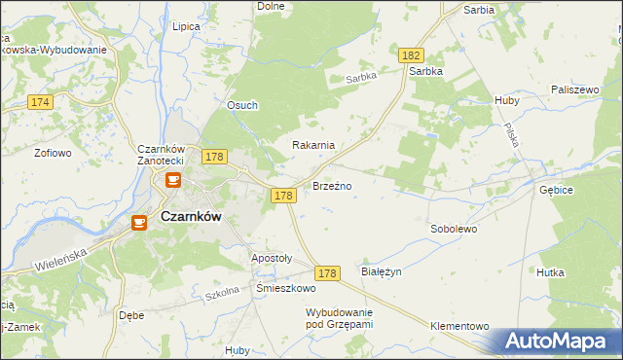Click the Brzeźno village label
[332, 185]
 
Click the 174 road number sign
[40, 102]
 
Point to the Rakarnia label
[313, 145]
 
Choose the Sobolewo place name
[453, 229]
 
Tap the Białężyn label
[381, 272]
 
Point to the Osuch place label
[241, 106]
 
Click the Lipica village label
[185, 27]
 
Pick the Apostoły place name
[272, 258]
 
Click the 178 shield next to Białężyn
[327, 274]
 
